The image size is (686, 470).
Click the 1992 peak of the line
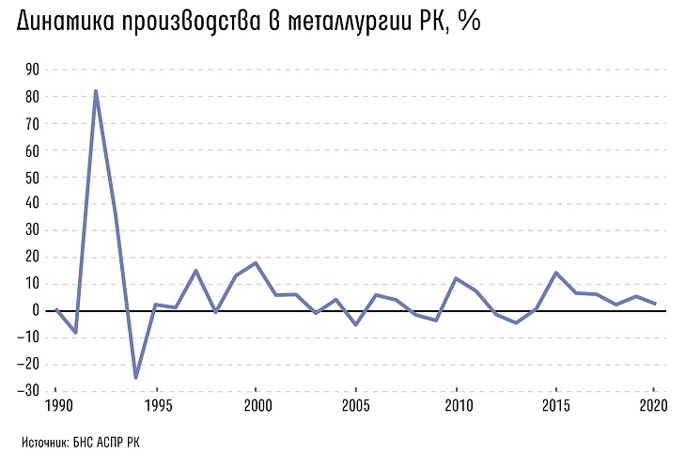tap(96, 91)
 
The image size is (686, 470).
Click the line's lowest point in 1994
tap(135, 377)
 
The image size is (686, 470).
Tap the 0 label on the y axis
tap(35, 310)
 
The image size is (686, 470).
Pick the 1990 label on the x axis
tap(56, 406)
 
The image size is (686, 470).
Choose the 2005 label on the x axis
tap(356, 406)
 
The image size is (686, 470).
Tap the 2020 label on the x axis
tap(653, 406)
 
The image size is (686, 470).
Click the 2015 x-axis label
tap(556, 406)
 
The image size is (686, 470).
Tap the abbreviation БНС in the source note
tap(85, 441)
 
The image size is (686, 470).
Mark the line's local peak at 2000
tap(256, 262)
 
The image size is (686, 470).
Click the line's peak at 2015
tap(556, 273)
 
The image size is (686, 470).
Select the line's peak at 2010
tap(456, 278)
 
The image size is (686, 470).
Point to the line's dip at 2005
tap(356, 324)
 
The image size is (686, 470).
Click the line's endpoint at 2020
tap(655, 304)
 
